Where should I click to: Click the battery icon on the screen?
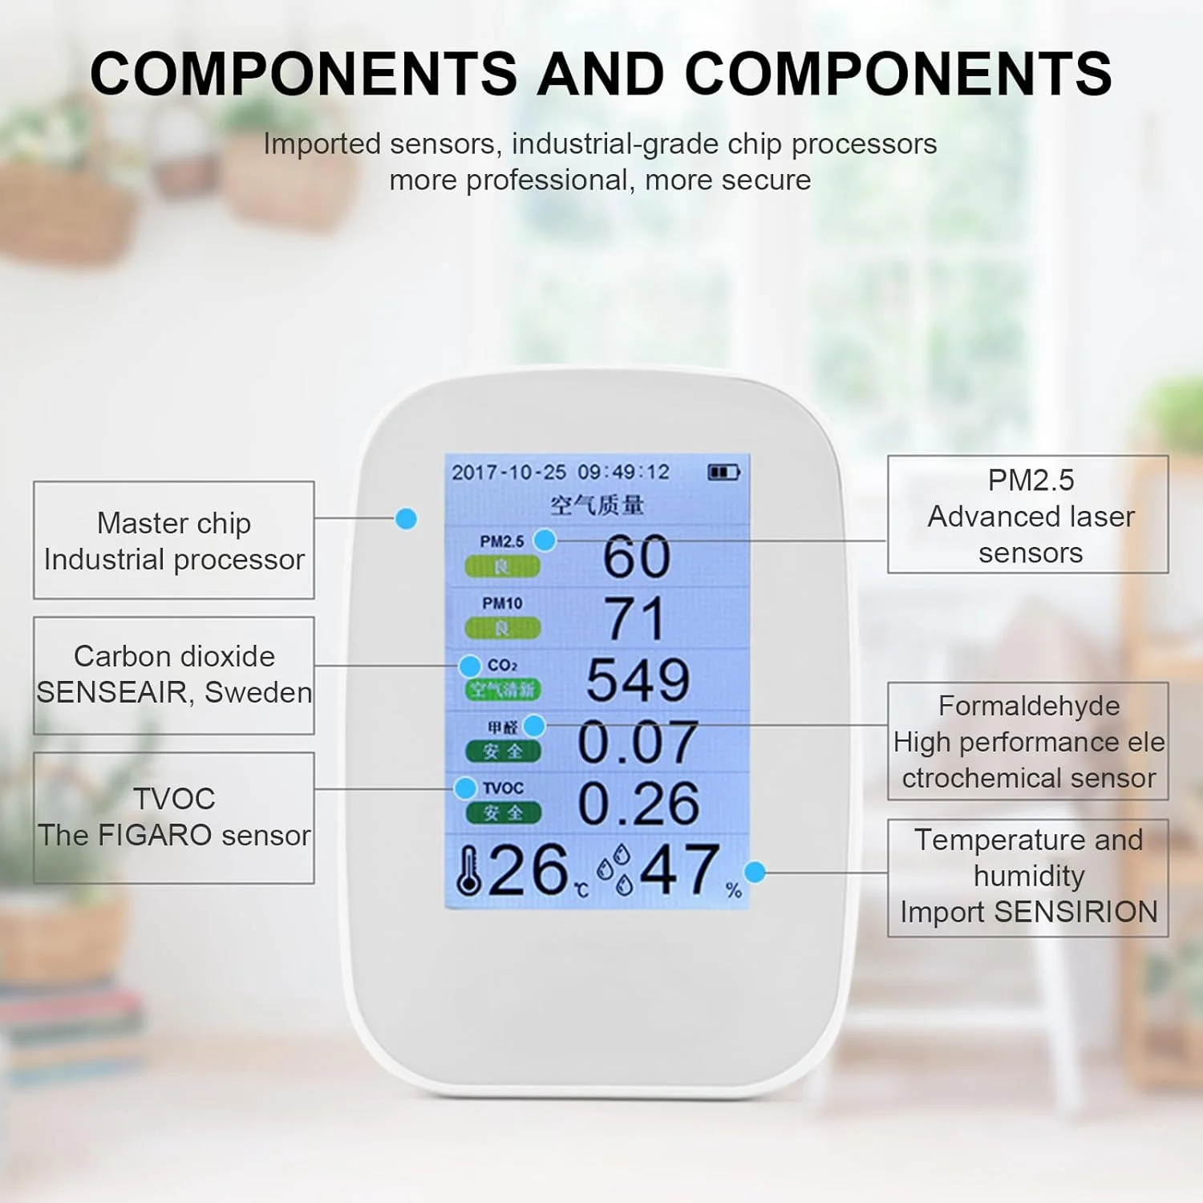click(x=723, y=472)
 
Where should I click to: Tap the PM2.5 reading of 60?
click(x=637, y=556)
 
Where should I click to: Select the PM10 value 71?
click(x=635, y=618)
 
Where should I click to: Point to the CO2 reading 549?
click(x=638, y=680)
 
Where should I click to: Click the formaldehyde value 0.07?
click(x=638, y=742)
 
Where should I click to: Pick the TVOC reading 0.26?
click(x=638, y=804)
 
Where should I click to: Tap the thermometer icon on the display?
click(x=468, y=871)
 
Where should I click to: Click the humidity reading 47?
click(x=679, y=869)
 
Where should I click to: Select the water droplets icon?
click(x=616, y=870)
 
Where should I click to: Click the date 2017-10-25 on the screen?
click(x=508, y=472)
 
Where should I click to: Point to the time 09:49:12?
click(x=623, y=472)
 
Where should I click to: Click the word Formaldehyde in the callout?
click(x=1029, y=706)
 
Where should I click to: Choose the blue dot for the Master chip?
click(x=407, y=519)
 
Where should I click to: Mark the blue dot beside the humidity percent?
click(x=755, y=872)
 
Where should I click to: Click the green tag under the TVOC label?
click(x=503, y=813)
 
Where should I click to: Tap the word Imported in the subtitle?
click(x=322, y=144)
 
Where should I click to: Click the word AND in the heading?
click(x=601, y=73)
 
